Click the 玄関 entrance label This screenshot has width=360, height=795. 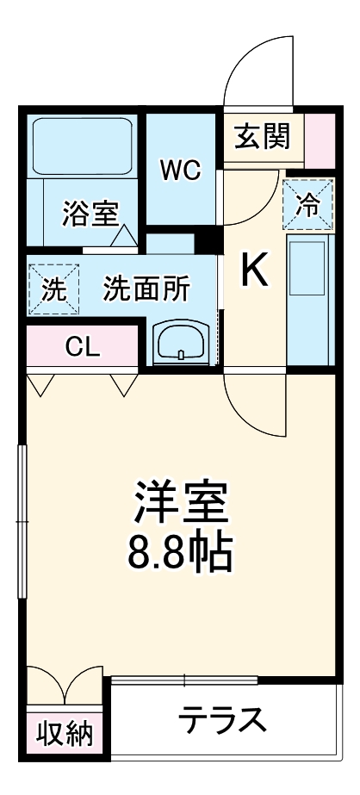[x=259, y=135]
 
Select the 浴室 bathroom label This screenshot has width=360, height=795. [x=90, y=212]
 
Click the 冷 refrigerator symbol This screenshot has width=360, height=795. [x=307, y=203]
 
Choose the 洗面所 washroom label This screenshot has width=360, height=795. [x=146, y=289]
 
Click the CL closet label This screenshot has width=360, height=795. [x=84, y=348]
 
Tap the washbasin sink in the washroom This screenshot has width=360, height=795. [x=180, y=342]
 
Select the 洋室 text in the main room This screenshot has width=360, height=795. [x=181, y=501]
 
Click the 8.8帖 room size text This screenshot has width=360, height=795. [x=181, y=553]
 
